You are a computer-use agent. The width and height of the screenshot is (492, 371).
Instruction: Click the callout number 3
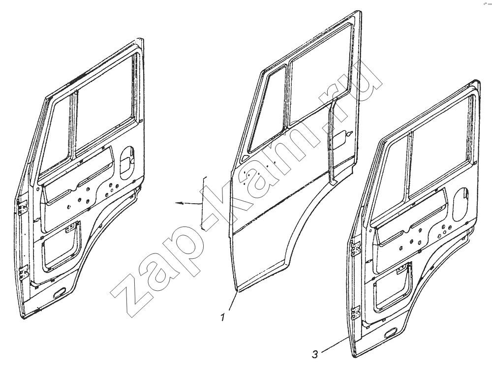click(315, 354)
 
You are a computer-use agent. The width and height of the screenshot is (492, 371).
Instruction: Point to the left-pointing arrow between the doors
click(188, 203)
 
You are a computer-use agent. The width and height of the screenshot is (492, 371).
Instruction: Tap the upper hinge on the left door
click(22, 207)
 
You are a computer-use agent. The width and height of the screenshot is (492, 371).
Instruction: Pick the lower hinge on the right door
click(355, 313)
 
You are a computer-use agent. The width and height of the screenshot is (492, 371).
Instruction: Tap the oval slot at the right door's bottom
click(391, 334)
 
